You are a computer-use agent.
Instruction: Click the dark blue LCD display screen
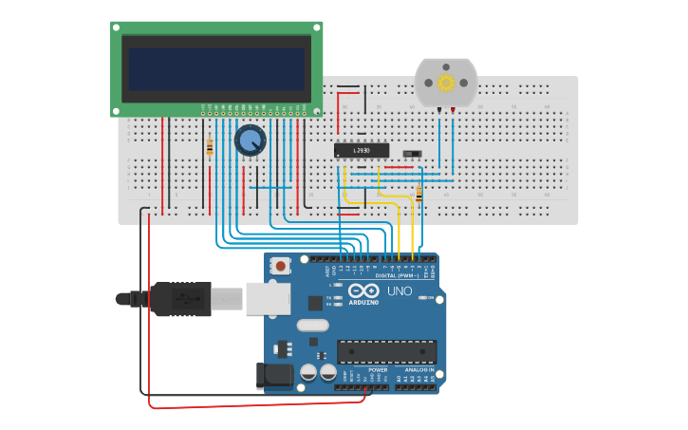tap(216, 68)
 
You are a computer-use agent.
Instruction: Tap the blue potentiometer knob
tap(250, 140)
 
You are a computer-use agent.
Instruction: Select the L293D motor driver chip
tap(362, 150)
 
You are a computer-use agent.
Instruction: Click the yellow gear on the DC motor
tap(446, 83)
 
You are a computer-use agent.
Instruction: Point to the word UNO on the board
tap(400, 291)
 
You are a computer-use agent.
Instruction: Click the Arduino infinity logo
tap(363, 290)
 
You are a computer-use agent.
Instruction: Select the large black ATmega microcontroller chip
tap(386, 351)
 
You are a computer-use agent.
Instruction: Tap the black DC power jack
tap(275, 375)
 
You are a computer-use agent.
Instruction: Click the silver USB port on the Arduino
tap(268, 298)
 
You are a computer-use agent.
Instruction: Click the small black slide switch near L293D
tap(411, 154)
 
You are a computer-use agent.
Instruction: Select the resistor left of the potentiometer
tap(210, 146)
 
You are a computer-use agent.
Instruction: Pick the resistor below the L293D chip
tap(418, 194)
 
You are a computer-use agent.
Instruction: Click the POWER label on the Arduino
tap(364, 369)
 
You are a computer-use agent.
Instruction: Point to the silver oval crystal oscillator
tap(312, 326)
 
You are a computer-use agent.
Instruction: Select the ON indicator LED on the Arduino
tap(424, 298)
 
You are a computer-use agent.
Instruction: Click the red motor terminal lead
tap(453, 112)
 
